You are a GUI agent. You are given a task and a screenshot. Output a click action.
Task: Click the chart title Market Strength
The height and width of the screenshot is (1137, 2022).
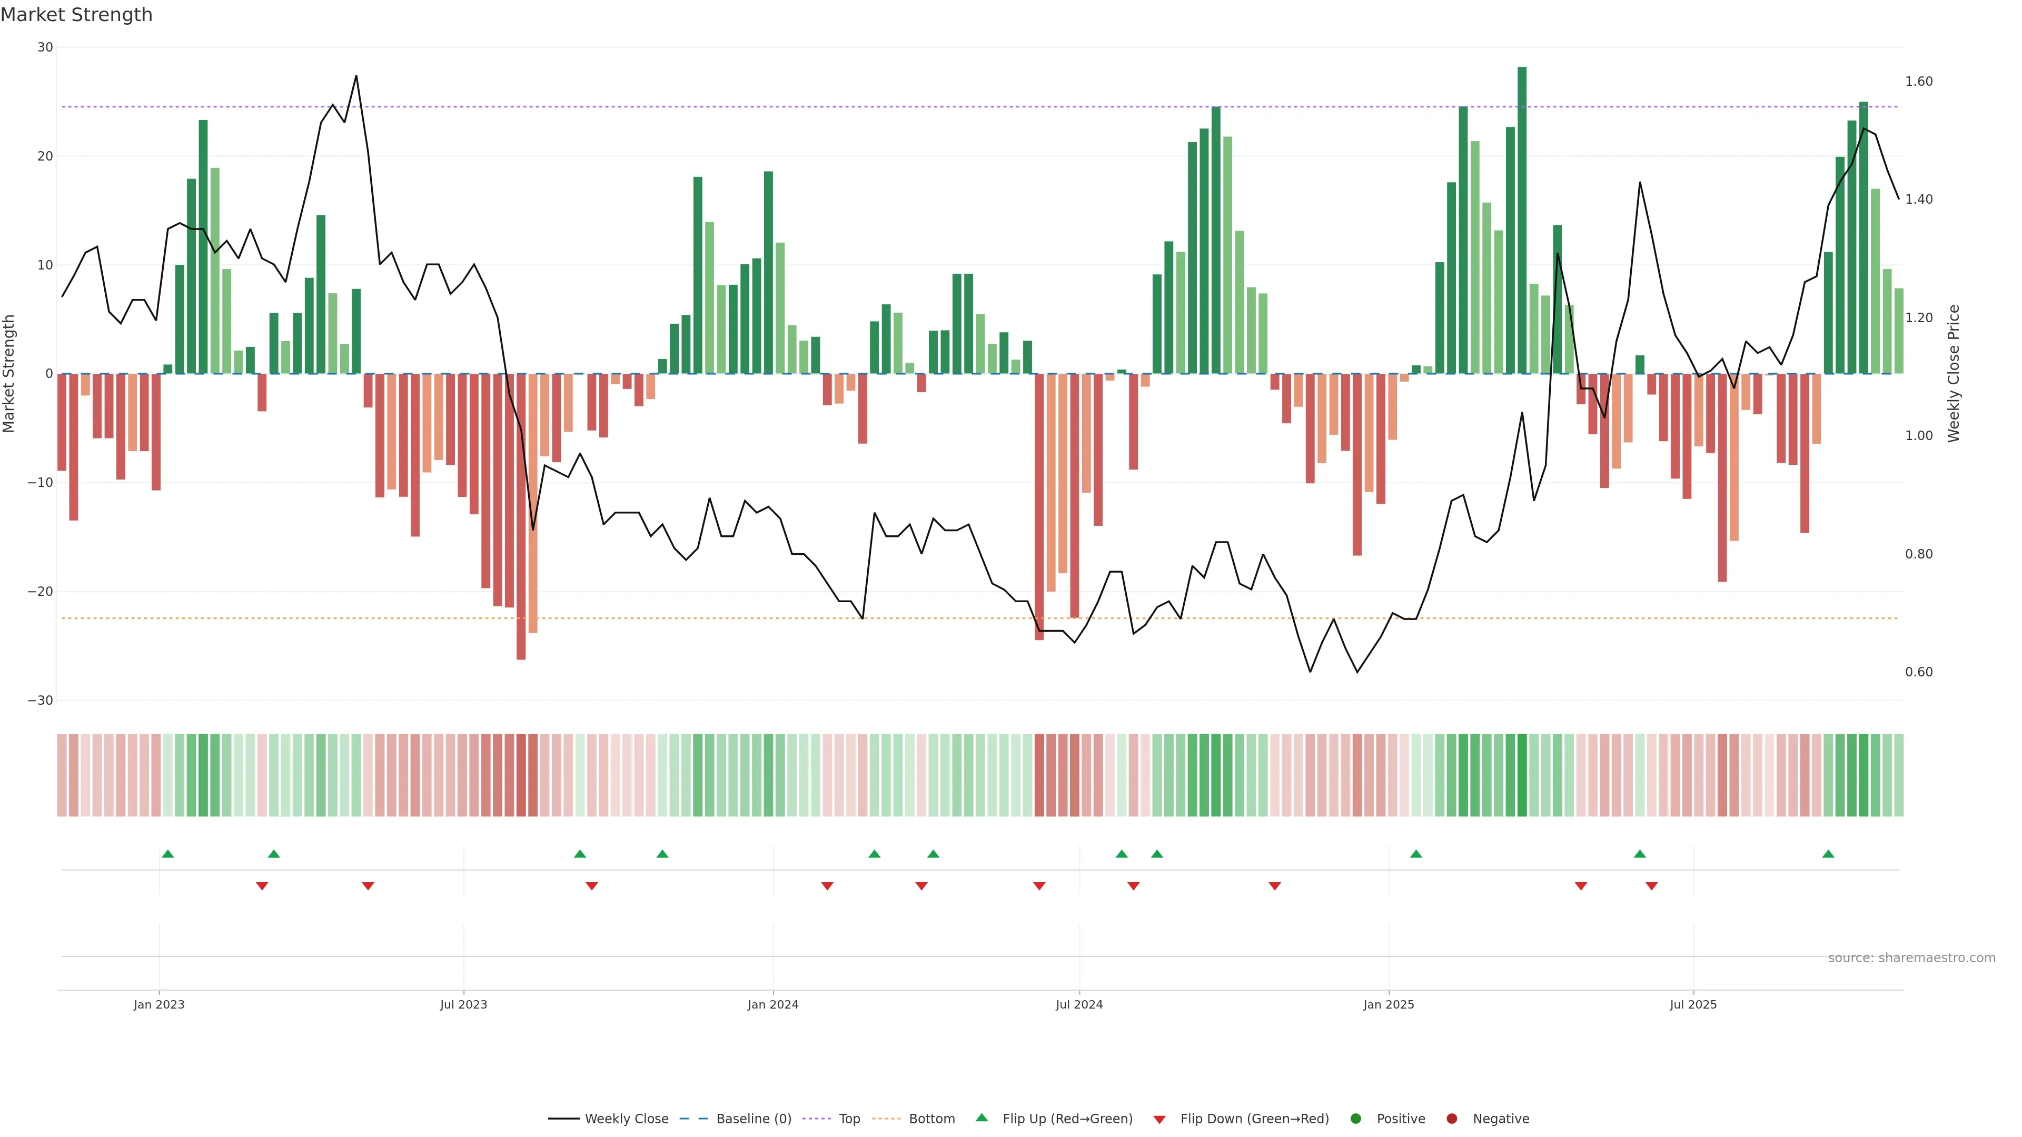(76, 15)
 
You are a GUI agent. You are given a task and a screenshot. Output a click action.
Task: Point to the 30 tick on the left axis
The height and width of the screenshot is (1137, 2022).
(45, 47)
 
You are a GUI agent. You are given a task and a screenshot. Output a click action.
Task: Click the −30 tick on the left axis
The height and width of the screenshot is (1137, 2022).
(40, 701)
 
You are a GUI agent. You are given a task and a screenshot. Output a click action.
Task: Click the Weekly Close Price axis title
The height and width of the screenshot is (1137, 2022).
(1954, 374)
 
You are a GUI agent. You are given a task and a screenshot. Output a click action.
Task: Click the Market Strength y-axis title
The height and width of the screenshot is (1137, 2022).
(9, 374)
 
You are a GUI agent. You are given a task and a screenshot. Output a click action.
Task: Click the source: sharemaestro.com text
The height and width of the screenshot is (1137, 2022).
(1911, 958)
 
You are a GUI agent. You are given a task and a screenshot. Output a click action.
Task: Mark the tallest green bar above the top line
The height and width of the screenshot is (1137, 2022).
(1522, 220)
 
